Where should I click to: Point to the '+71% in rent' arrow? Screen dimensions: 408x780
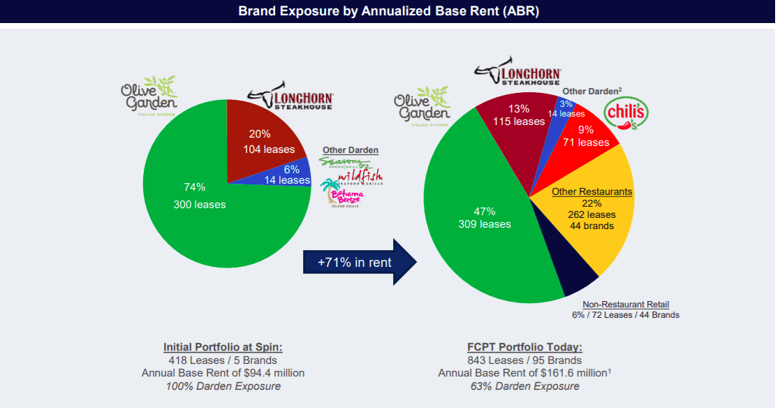click(358, 263)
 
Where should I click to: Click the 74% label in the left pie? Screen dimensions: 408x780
click(194, 187)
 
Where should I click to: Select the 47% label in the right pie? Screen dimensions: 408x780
click(484, 211)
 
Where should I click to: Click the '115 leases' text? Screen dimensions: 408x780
click(519, 121)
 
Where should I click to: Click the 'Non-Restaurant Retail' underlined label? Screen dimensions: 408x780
click(626, 304)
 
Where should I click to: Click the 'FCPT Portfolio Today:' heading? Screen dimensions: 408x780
click(524, 347)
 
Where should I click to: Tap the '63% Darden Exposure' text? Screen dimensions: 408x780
click(524, 386)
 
